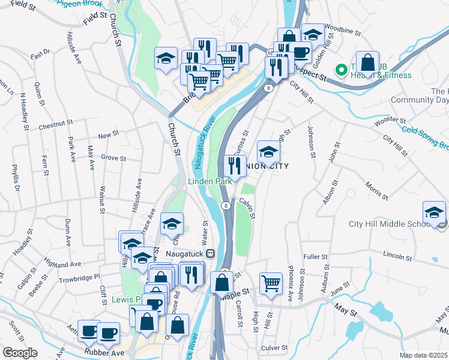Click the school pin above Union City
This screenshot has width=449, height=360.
268,151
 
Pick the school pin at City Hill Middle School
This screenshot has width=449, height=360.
434,212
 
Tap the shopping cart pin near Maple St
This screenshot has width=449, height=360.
271,283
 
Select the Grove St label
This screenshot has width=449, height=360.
113,158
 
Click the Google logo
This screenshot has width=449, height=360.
20,353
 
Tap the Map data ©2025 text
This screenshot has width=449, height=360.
423,355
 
